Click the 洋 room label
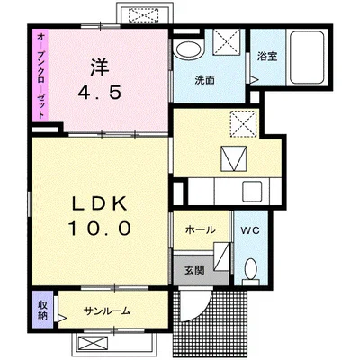tap(99, 67)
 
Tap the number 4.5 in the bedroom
tap(100, 93)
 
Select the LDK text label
tap(100, 205)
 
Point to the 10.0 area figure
tap(100, 229)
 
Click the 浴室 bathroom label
tap(267, 57)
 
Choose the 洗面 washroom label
tap(204, 80)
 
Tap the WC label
tap(250, 230)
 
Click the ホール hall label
tap(201, 230)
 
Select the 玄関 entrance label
tap(194, 270)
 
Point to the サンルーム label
tap(107, 310)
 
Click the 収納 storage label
tap(42, 310)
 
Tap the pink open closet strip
tap(40, 75)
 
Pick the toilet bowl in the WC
tap(250, 269)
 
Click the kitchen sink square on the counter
tap(252, 191)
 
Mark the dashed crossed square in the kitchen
tap(244, 124)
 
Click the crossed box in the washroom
tap(227, 42)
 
